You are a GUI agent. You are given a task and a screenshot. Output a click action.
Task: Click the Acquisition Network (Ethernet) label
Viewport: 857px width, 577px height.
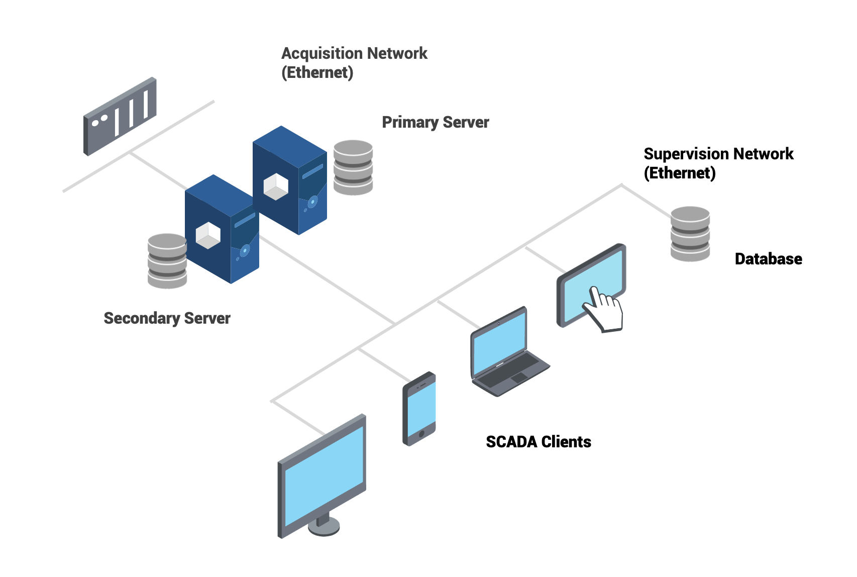coord(354,63)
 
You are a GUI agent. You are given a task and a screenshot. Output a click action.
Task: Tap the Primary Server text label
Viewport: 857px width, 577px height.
coord(435,122)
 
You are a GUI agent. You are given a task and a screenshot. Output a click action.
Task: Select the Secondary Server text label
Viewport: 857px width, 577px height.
coord(167,318)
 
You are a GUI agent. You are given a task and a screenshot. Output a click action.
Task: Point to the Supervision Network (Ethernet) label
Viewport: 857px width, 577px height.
coord(718,163)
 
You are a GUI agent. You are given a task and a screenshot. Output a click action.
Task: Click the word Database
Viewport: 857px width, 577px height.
coord(768,259)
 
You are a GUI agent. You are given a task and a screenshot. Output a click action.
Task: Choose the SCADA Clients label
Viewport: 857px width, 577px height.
coord(538,442)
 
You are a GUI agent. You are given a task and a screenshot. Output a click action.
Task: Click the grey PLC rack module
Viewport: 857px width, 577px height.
coord(120,117)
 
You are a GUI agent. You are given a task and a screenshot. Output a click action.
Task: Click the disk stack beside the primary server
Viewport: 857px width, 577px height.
coord(353,167)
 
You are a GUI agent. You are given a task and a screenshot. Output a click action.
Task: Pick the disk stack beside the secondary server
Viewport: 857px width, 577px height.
coord(167,261)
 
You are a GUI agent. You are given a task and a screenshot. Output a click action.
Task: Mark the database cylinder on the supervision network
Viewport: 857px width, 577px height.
coord(690,234)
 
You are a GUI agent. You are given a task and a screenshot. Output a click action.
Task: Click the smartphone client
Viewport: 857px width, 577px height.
coord(419,409)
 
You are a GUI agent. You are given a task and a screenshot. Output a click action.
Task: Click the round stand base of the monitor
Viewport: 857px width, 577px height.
coord(324,526)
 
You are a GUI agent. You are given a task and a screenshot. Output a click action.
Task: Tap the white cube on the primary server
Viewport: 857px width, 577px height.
coord(276,186)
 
